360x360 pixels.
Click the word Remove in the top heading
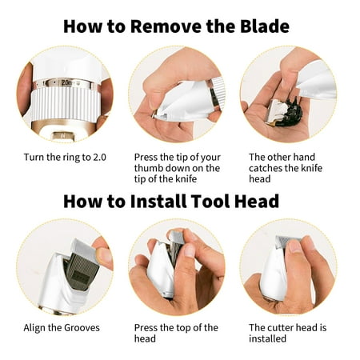coord(166,26)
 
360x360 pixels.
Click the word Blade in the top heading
coord(265,26)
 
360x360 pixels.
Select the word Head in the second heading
coord(257,201)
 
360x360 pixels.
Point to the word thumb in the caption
coord(148,168)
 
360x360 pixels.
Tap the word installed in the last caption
coord(267,338)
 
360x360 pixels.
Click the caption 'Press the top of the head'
coord(176,333)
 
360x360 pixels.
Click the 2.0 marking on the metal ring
coord(66,82)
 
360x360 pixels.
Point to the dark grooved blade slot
coord(79,270)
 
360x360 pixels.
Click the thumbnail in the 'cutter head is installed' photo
coord(294,246)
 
